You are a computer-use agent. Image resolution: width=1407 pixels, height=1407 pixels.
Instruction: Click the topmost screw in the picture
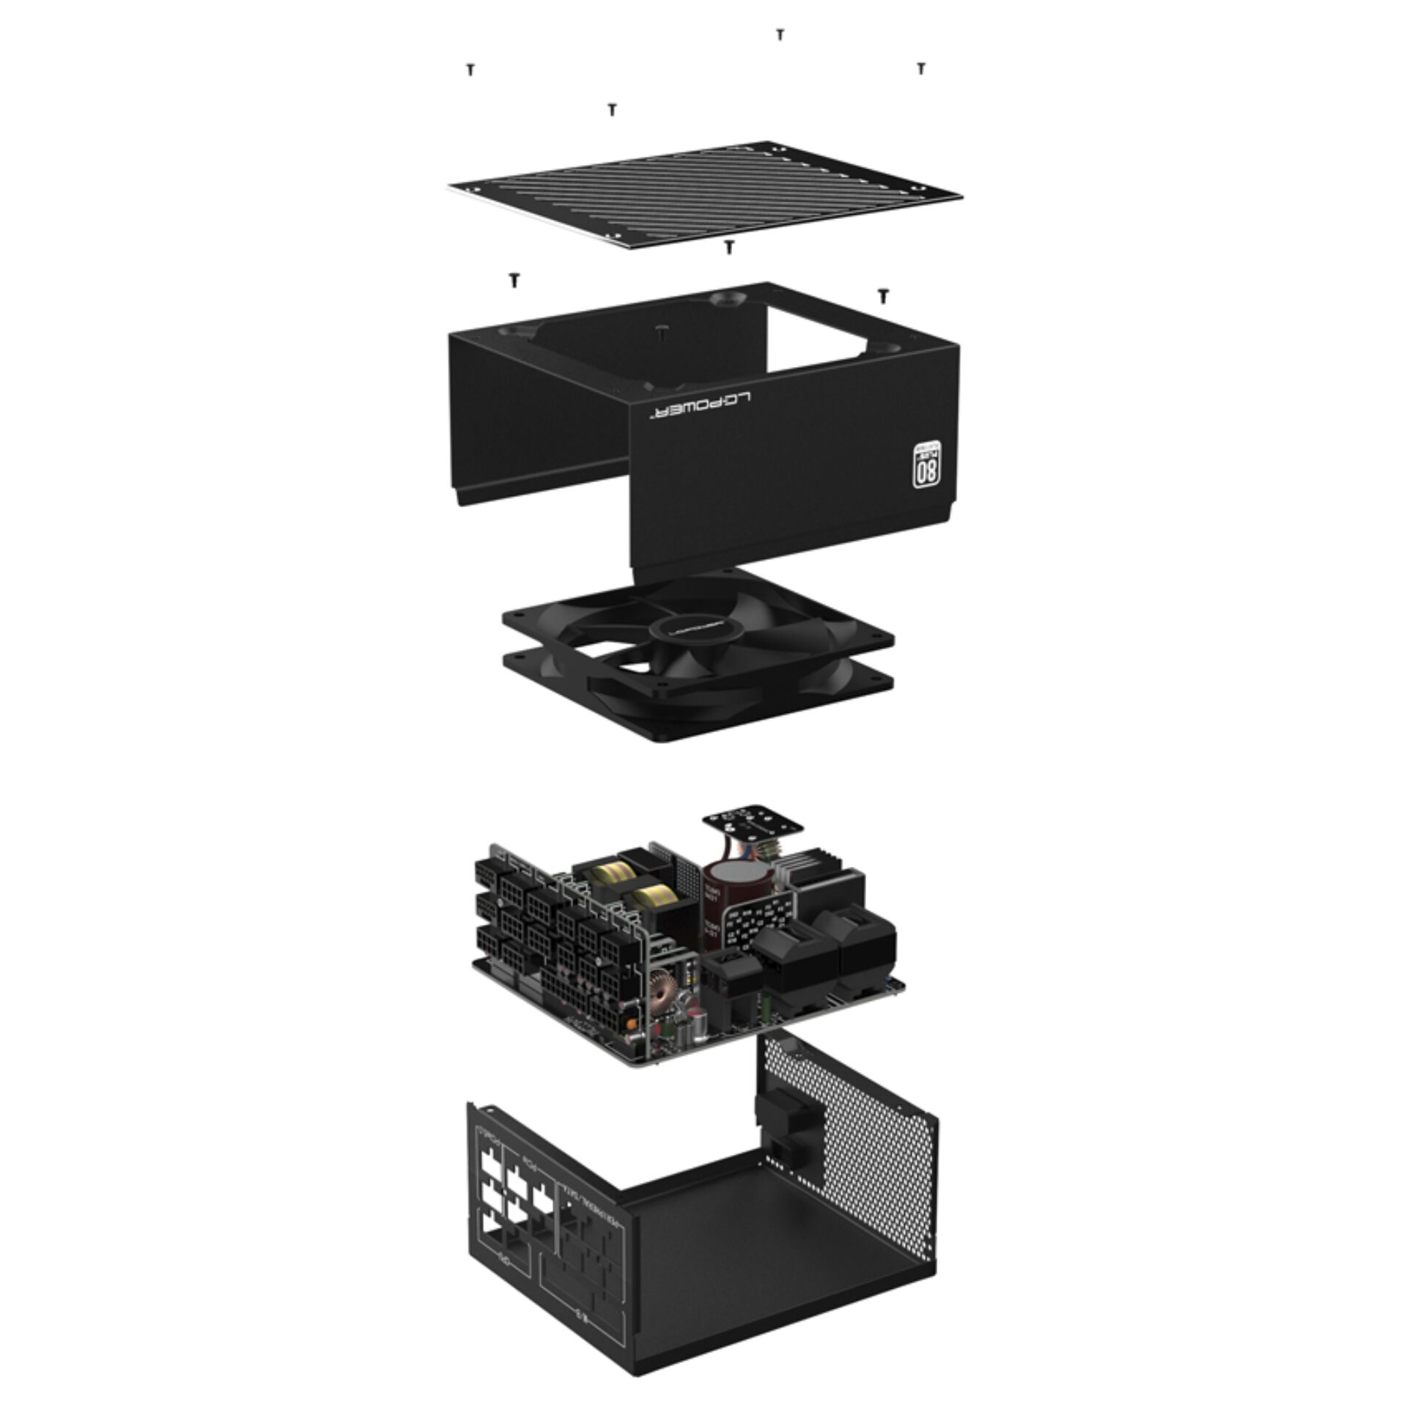pyautogui.click(x=780, y=34)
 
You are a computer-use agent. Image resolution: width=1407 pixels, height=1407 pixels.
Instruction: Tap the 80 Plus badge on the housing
pyautogui.click(x=926, y=465)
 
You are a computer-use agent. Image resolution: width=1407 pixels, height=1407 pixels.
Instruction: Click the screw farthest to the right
pyautogui.click(x=921, y=68)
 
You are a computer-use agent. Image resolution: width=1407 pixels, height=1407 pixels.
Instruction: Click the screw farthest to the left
pyautogui.click(x=470, y=70)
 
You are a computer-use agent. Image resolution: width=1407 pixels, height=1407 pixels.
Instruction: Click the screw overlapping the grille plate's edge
pyautogui.click(x=728, y=247)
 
